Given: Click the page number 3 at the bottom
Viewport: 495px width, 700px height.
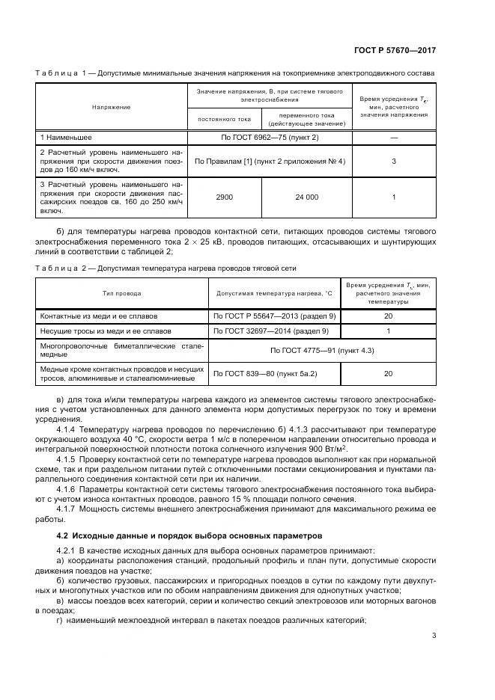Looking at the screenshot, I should click(x=434, y=636).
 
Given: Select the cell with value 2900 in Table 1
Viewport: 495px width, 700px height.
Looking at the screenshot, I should click(x=224, y=197).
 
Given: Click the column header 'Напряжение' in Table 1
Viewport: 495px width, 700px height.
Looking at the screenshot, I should click(x=112, y=107).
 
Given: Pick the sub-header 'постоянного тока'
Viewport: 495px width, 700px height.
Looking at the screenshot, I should click(x=224, y=118).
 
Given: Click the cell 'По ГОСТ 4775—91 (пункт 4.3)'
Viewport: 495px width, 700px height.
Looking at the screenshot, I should click(x=322, y=350).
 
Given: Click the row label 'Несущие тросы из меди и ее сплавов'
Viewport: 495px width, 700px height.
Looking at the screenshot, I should click(x=106, y=330).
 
